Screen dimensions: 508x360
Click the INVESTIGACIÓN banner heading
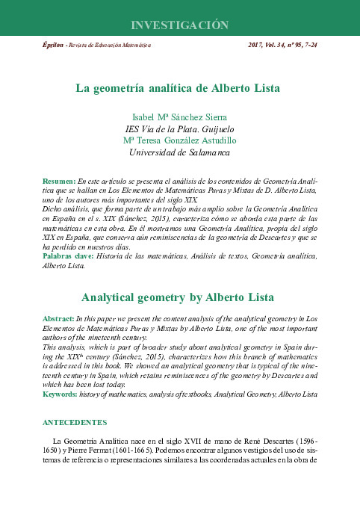179,25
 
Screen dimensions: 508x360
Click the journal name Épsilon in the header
53,46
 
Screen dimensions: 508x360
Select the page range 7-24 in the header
309,46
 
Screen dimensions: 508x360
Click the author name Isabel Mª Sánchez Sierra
179,117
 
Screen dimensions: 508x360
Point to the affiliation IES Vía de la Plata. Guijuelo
179,128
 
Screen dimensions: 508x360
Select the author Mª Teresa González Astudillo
179,140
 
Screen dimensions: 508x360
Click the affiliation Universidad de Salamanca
179,152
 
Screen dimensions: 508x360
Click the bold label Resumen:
59,182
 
